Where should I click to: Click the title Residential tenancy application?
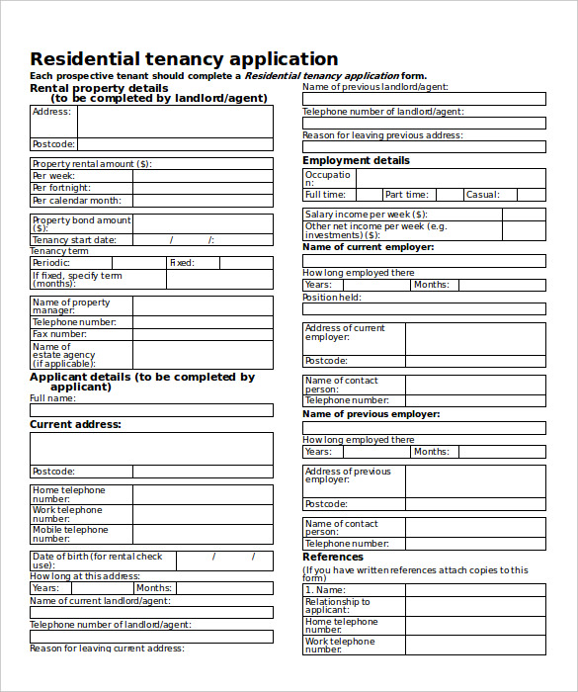[184, 58]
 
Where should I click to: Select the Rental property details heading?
[99, 88]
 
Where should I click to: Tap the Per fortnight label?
[61, 188]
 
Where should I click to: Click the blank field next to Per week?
[203, 176]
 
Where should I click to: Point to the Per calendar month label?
[76, 201]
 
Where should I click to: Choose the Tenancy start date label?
[74, 240]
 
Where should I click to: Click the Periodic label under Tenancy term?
[51, 263]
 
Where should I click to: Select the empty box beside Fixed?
[246, 263]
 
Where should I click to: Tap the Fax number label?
[60, 334]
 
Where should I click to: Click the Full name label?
[52, 398]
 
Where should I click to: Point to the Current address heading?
[75, 424]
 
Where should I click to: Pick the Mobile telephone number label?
[70, 535]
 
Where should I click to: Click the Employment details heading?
[356, 160]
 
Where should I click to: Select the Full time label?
[327, 196]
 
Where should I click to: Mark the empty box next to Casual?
[524, 196]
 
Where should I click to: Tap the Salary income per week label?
[367, 214]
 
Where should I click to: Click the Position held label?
[332, 298]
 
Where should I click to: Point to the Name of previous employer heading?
[371, 414]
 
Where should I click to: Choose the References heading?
[333, 558]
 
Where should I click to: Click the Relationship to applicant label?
[338, 606]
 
